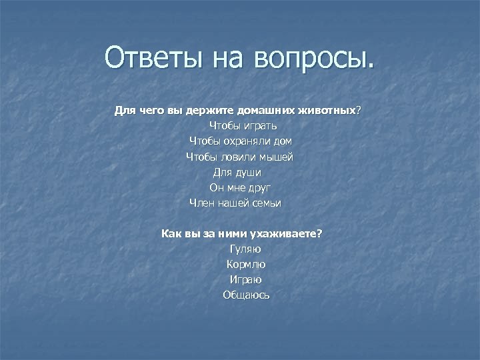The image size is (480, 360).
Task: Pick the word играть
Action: pyautogui.click(x=259, y=125)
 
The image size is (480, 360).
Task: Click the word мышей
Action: pyautogui.click(x=277, y=157)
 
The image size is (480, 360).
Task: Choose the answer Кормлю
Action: pyautogui.click(x=245, y=265)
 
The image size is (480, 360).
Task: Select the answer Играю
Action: pyautogui.click(x=245, y=280)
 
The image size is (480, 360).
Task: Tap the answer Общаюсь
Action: pyautogui.click(x=246, y=295)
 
